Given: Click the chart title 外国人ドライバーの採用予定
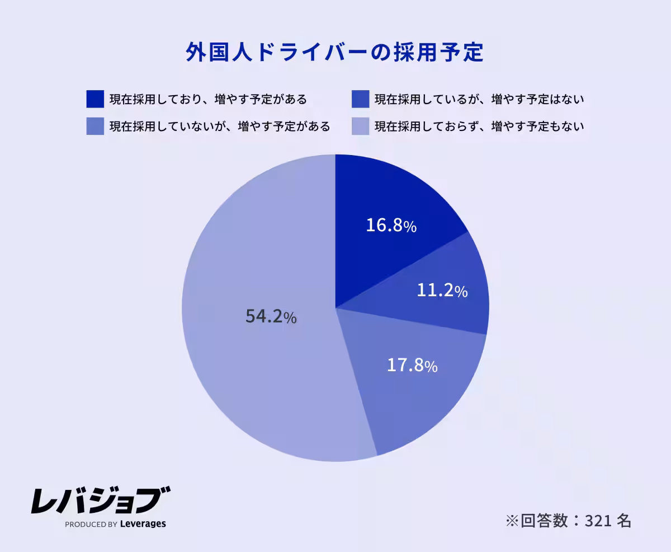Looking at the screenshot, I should coord(334,53).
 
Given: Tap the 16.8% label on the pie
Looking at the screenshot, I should coord(391,226).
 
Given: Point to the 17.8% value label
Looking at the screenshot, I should coord(412,366).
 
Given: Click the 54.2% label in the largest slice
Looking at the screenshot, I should coord(271,316).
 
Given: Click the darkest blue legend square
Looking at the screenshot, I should coord(95,99).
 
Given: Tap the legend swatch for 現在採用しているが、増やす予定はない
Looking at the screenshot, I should coord(361,99).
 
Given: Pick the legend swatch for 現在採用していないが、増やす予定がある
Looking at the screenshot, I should coord(95,126).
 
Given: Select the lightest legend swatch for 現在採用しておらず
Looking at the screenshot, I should coord(361,126).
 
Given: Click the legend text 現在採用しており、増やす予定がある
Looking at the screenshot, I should coord(208,100).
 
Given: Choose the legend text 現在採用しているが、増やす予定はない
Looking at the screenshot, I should coord(479,100).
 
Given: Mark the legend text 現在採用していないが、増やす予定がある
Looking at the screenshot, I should coord(219,127).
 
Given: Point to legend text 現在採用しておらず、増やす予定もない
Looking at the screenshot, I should coord(479,127).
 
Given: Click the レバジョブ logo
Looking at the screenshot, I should coord(101,500).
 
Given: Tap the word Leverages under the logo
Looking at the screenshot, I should coord(143,525).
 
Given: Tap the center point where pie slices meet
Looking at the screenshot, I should coord(335,308).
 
